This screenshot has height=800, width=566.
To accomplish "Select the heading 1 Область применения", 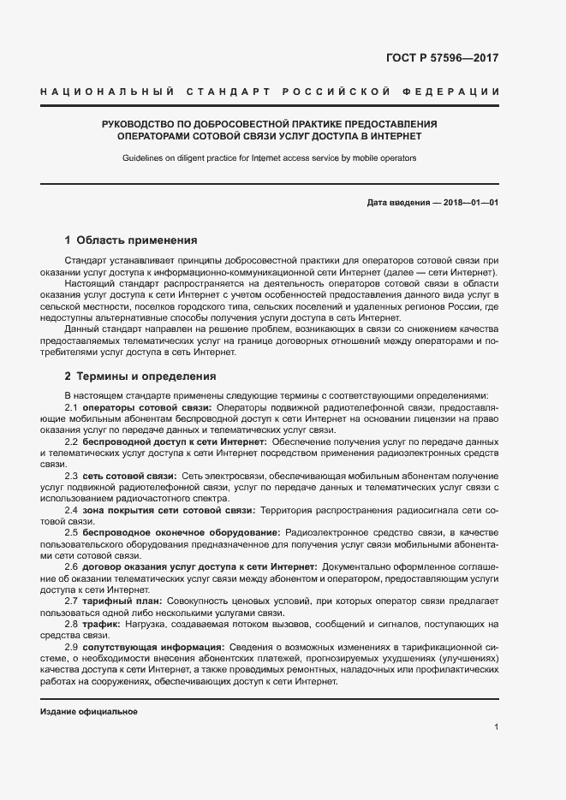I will [131, 240].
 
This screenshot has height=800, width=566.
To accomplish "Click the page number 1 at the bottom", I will [497, 727].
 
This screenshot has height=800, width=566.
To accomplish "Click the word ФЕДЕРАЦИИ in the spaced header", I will [458, 91].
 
